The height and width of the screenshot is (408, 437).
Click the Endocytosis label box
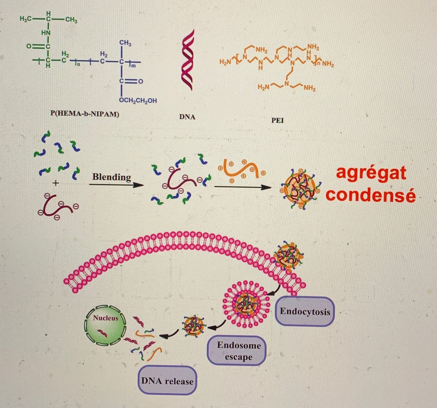[305, 311]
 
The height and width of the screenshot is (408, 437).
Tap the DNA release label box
[167, 381]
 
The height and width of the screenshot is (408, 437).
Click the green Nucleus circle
[105, 326]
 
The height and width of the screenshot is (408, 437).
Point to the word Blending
[111, 177]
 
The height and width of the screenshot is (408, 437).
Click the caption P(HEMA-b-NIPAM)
[85, 114]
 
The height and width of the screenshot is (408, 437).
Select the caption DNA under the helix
[187, 117]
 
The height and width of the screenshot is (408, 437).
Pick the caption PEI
[277, 120]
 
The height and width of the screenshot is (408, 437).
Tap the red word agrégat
[371, 173]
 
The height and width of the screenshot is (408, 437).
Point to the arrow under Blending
[116, 185]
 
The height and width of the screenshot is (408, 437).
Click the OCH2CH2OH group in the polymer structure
[138, 101]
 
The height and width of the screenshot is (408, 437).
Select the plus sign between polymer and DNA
[56, 183]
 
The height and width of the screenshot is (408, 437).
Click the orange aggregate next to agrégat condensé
[299, 190]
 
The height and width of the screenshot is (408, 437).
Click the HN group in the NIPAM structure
[46, 33]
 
